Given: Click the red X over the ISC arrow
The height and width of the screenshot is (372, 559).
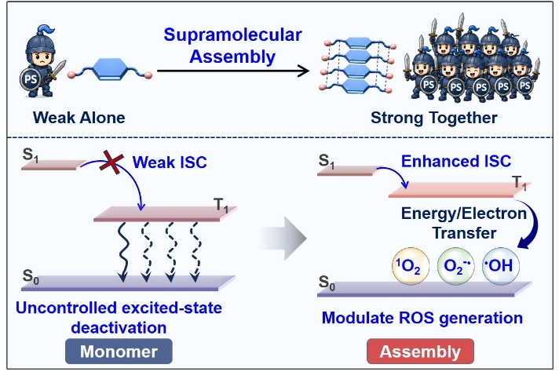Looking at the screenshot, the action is pyautogui.click(x=112, y=162).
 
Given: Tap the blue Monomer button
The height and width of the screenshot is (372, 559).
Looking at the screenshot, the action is pyautogui.click(x=119, y=352).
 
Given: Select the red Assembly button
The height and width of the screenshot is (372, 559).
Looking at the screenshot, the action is pyautogui.click(x=420, y=352).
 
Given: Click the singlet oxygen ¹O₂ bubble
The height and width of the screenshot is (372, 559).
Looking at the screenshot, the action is pyautogui.click(x=411, y=266).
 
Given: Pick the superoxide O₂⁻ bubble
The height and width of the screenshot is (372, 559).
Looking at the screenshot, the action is pyautogui.click(x=456, y=266).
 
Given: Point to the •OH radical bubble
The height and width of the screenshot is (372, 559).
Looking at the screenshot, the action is pyautogui.click(x=501, y=266).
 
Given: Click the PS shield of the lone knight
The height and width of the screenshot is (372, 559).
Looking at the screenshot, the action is pyautogui.click(x=31, y=78).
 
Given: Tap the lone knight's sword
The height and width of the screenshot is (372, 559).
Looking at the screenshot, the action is pyautogui.click(x=58, y=70).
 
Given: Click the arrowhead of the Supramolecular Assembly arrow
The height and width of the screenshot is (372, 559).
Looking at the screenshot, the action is pyautogui.click(x=304, y=71).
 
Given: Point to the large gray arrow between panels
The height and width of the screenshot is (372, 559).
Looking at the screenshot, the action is pyautogui.click(x=283, y=238).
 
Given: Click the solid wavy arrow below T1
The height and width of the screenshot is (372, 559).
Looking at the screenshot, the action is pyautogui.click(x=122, y=252).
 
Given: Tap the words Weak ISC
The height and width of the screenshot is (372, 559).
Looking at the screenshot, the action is pyautogui.click(x=170, y=162).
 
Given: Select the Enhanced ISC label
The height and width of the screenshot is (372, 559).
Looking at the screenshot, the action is pyautogui.click(x=456, y=161).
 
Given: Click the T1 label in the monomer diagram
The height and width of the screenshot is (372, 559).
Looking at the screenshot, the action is pyautogui.click(x=221, y=206).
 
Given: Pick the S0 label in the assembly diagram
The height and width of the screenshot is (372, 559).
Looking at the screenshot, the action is pyautogui.click(x=327, y=283).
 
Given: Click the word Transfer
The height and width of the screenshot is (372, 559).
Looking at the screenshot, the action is pyautogui.click(x=464, y=233).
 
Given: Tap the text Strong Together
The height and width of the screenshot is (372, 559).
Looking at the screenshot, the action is pyautogui.click(x=434, y=118).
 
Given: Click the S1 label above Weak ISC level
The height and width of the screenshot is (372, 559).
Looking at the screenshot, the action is pyautogui.click(x=31, y=155).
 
